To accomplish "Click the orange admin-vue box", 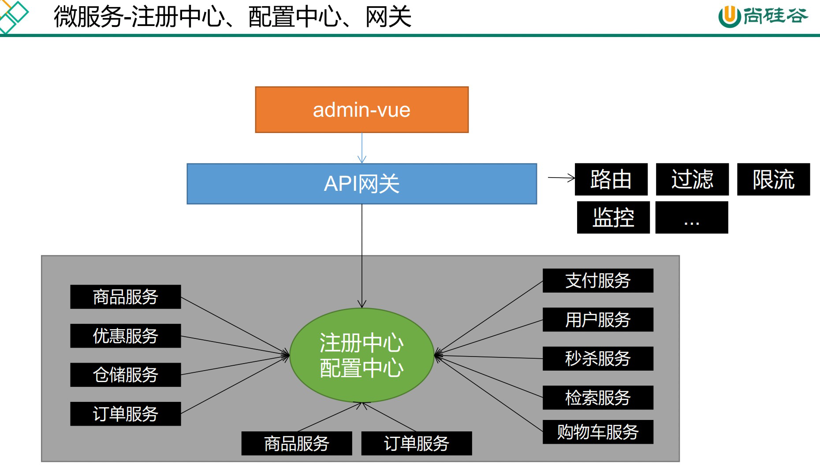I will click(362, 110).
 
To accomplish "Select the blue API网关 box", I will click(362, 184).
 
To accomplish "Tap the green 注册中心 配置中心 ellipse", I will click(362, 355).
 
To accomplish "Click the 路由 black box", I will click(611, 179).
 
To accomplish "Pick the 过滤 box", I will click(692, 179).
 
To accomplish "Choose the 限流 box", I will click(773, 179).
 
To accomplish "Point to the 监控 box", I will click(613, 217).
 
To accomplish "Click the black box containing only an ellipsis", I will click(691, 217).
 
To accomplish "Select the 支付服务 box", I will click(598, 281).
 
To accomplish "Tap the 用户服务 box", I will click(598, 319).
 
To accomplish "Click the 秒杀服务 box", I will click(598, 358).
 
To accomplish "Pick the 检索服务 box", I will click(598, 397).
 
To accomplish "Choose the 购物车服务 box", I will click(598, 432).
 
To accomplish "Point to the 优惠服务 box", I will click(126, 336).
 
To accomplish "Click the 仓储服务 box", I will click(126, 375).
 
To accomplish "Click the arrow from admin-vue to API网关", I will click(362, 148).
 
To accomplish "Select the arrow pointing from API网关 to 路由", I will click(561, 178).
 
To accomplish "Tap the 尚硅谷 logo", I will click(763, 17).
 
